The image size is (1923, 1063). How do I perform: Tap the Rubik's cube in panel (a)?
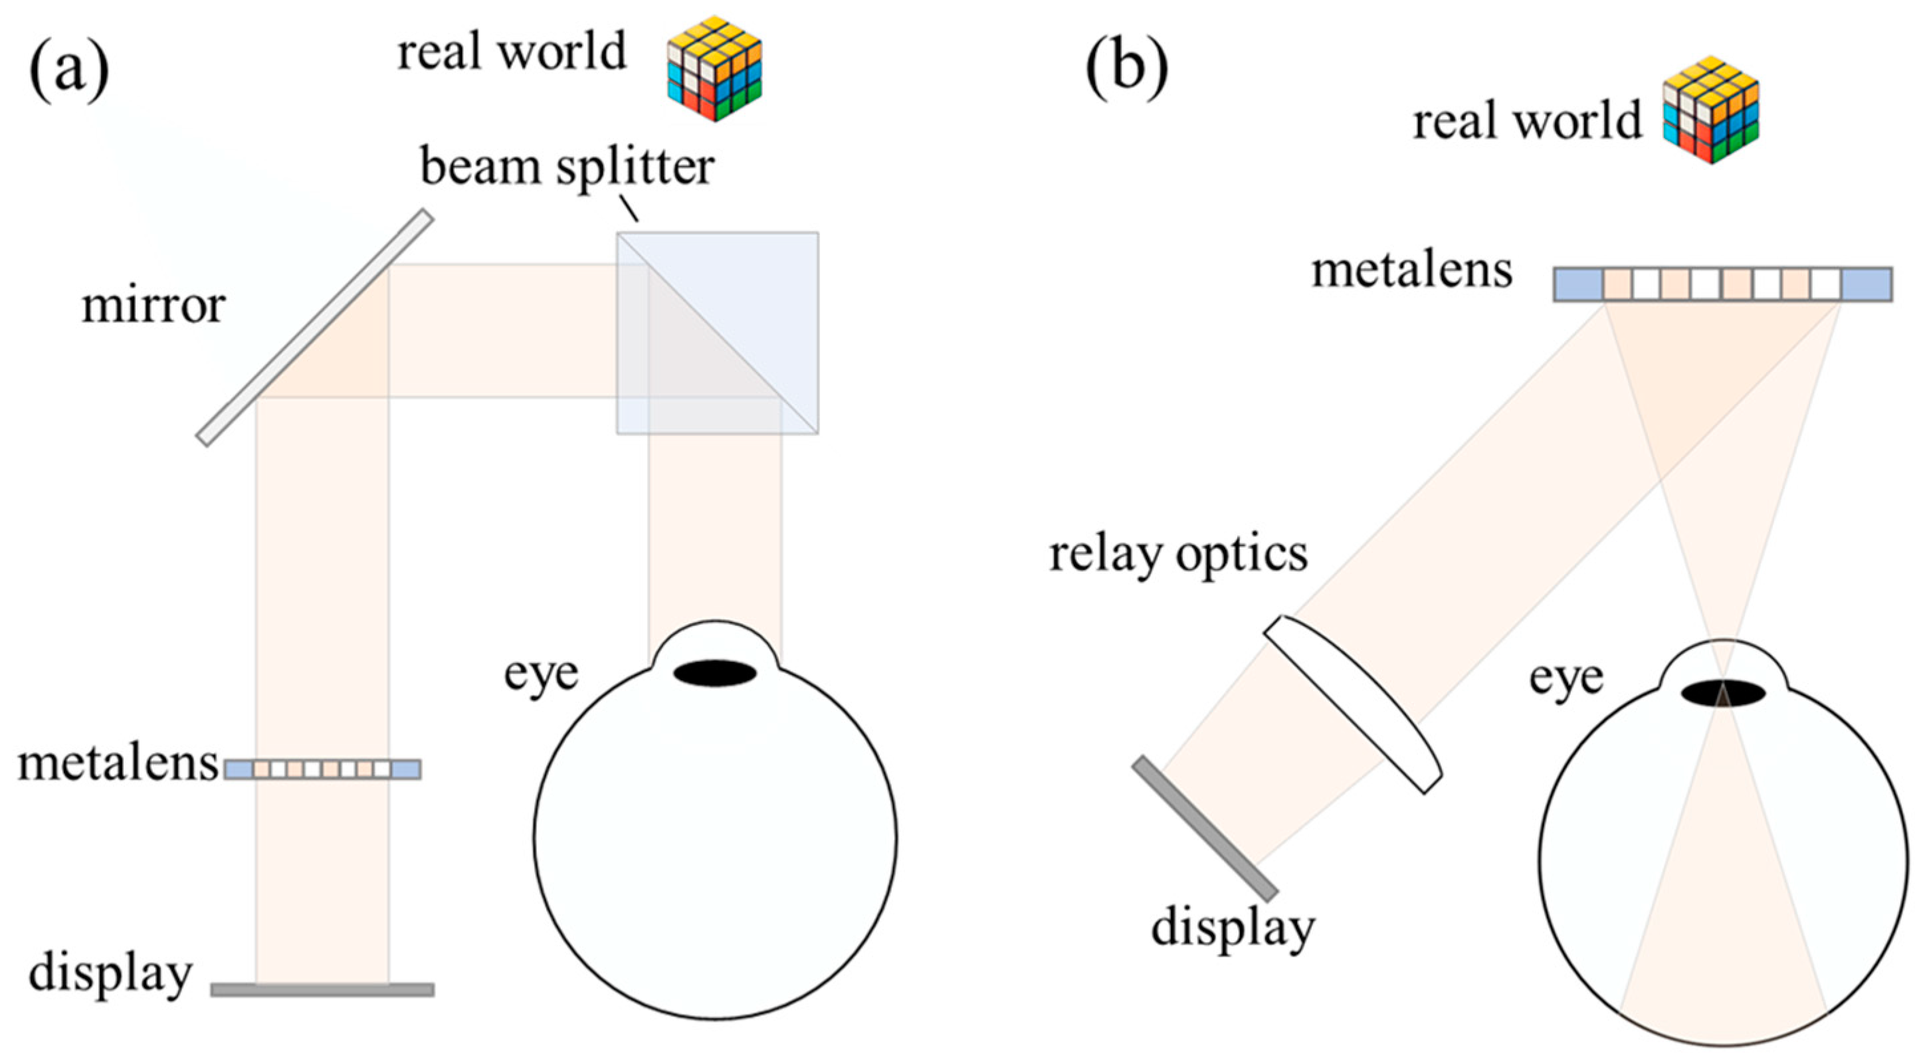click(714, 68)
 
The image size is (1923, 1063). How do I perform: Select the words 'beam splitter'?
click(567, 167)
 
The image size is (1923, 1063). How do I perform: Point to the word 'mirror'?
click(153, 306)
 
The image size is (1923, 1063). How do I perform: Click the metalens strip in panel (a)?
click(322, 769)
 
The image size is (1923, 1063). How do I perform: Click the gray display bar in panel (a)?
click(322, 989)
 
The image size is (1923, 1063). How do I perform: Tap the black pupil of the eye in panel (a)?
click(714, 672)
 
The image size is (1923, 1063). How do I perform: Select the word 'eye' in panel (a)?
click(540, 674)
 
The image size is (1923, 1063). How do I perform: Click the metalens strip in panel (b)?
click(1723, 284)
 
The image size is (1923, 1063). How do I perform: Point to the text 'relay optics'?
click(1178, 555)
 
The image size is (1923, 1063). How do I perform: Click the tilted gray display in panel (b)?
click(1205, 828)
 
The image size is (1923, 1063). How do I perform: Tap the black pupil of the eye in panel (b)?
click(1723, 693)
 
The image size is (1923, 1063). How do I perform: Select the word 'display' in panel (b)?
click(1233, 928)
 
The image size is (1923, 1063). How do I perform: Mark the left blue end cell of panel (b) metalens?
click(1579, 284)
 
